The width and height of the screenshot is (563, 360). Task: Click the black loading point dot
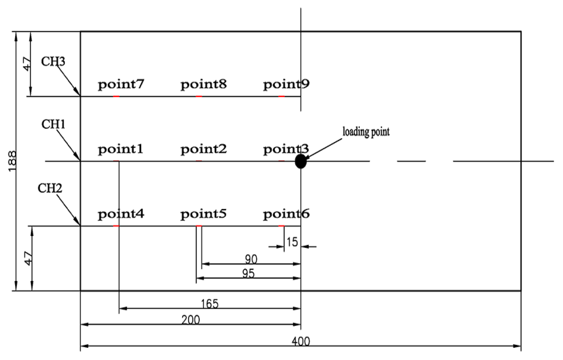tap(301, 161)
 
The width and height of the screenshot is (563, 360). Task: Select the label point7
tap(121, 85)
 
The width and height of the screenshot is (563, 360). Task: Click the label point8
tap(204, 85)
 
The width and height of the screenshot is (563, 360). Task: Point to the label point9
tap(286, 85)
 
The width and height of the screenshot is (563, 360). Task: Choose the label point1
tap(121, 149)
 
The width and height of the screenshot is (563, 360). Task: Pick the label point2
tap(204, 149)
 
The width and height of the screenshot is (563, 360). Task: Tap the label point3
tap(286, 149)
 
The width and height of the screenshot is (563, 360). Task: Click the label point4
tap(121, 214)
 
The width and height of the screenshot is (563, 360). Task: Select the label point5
tap(204, 214)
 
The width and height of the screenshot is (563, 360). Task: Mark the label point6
tap(286, 214)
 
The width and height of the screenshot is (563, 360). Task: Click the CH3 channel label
tap(53, 62)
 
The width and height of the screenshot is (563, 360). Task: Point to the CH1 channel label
tap(53, 124)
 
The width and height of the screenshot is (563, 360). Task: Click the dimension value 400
tap(301, 342)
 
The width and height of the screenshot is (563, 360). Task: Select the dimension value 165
tap(209, 303)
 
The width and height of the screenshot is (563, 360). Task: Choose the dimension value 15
tap(292, 242)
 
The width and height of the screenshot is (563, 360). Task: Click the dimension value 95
tap(248, 273)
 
